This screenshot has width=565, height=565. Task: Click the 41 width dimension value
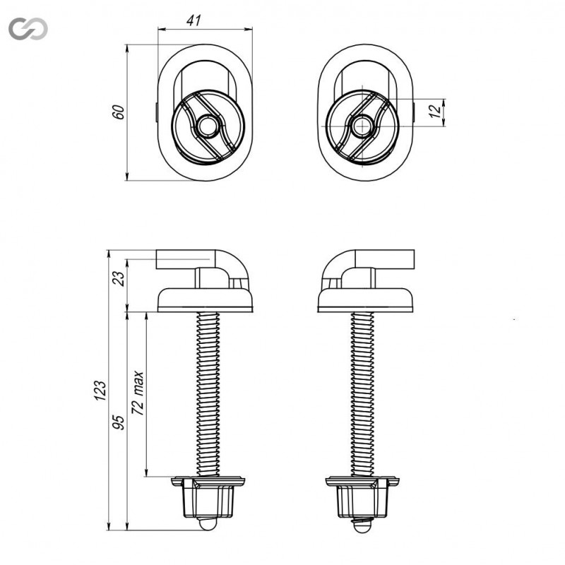tap(194, 20)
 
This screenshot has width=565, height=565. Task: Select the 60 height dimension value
tap(118, 112)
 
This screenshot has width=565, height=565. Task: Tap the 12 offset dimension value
tap(435, 111)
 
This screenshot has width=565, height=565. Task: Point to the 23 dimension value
tap(119, 278)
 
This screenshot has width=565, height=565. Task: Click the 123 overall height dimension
tap(100, 391)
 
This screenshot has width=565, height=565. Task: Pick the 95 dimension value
tap(119, 422)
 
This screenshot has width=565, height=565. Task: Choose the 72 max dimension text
tap(138, 393)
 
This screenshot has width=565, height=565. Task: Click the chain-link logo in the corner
tap(28, 28)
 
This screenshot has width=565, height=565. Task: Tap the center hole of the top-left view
tap(207, 126)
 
